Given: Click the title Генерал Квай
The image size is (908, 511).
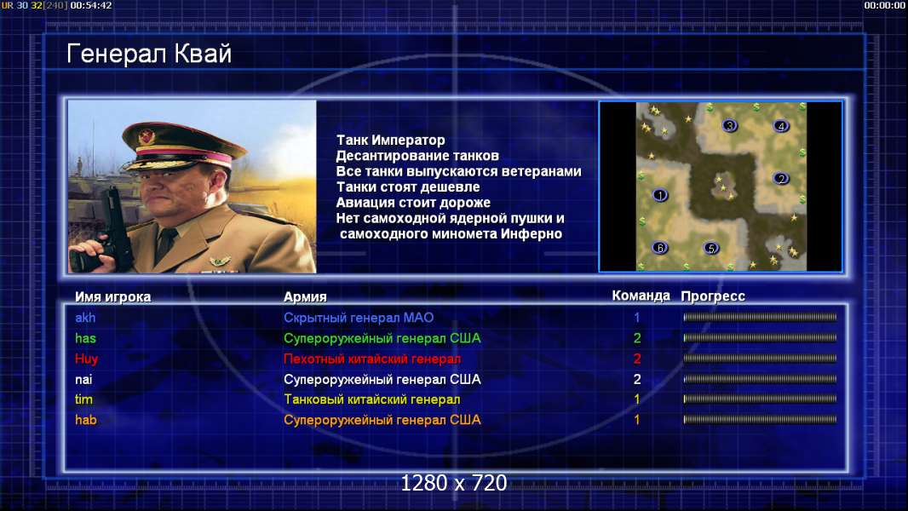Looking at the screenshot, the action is pyautogui.click(x=149, y=54).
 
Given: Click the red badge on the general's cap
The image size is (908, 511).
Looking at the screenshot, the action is pyautogui.click(x=147, y=136).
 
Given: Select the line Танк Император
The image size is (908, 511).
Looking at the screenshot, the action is pyautogui.click(x=390, y=140).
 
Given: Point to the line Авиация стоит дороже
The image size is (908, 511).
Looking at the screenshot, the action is pyautogui.click(x=413, y=203).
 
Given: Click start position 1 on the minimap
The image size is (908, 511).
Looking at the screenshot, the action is pyautogui.click(x=660, y=195).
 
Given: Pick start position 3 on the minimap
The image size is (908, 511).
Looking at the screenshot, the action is pyautogui.click(x=730, y=125).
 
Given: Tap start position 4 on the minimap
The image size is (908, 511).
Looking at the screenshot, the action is pyautogui.click(x=780, y=125).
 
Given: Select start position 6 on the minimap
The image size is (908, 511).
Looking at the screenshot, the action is pyautogui.click(x=660, y=248).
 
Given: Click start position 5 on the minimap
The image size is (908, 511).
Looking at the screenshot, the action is pyautogui.click(x=711, y=249).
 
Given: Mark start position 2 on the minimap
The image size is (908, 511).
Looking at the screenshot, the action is pyautogui.click(x=780, y=179).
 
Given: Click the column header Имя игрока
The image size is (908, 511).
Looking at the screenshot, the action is pyautogui.click(x=113, y=297).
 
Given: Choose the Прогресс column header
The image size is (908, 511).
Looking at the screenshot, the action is pyautogui.click(x=713, y=296).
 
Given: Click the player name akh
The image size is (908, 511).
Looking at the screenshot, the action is pyautogui.click(x=85, y=318).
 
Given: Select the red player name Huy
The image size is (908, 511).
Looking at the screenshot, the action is pyautogui.click(x=86, y=359).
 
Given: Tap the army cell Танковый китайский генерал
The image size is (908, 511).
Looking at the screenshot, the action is pyautogui.click(x=371, y=399).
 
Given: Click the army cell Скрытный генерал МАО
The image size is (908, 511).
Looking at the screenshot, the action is pyautogui.click(x=359, y=318).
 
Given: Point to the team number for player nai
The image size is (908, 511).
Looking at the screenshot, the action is pyautogui.click(x=637, y=380).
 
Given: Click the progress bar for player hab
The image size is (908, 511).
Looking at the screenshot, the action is pyautogui.click(x=760, y=420).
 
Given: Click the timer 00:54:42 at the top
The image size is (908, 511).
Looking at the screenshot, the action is pyautogui.click(x=91, y=5).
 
